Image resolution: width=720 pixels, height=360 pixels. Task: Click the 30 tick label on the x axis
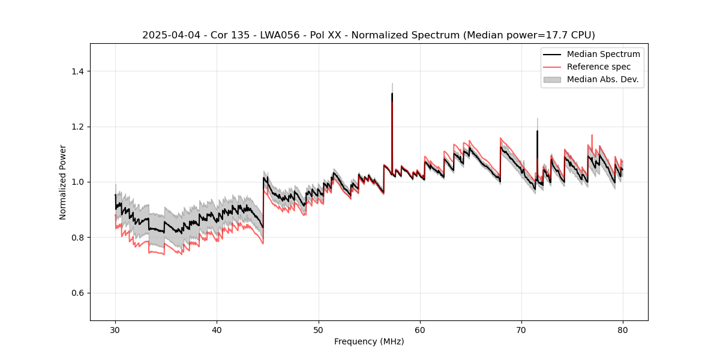(115, 330)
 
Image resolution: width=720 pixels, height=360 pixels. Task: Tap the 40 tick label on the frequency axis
(217, 330)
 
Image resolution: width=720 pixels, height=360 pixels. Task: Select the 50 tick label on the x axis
(318, 330)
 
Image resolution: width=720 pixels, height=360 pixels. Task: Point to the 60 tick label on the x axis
(419, 330)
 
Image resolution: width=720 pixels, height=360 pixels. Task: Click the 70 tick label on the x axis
(521, 330)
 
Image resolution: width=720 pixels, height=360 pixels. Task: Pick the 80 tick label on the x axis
(622, 330)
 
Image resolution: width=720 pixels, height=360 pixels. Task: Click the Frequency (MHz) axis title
(369, 341)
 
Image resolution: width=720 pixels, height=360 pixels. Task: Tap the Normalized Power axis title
(62, 182)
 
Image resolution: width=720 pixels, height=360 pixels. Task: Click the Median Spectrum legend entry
(603, 54)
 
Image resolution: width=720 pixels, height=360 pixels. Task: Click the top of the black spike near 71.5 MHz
(537, 131)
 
